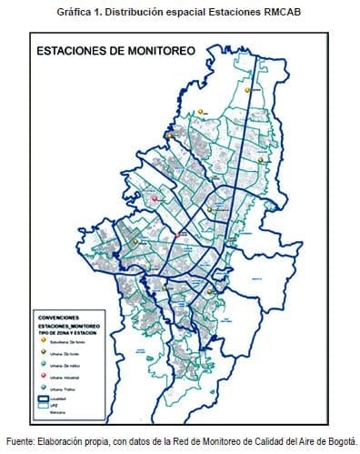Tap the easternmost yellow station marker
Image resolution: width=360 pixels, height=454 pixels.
point(261,159)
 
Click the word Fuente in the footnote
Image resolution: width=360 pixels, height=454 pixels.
point(22,439)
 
